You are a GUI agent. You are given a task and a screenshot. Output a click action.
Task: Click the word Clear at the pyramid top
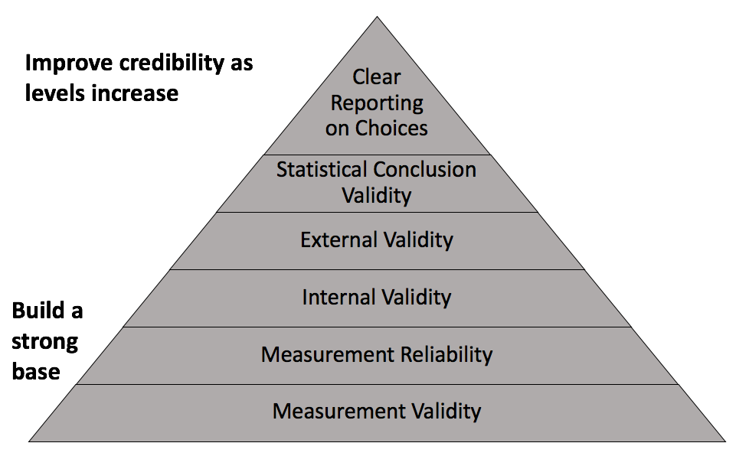[x=376, y=77]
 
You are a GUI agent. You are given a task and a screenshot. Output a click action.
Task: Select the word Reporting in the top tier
[x=377, y=103]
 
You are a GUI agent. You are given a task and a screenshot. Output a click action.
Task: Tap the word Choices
[x=391, y=128]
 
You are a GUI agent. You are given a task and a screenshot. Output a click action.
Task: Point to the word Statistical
[x=322, y=169]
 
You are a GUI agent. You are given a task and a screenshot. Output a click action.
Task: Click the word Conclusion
[x=424, y=169]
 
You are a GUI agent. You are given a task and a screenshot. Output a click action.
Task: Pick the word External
[x=339, y=239]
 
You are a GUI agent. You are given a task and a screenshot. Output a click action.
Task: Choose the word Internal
[x=339, y=297]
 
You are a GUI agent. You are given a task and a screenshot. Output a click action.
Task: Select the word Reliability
[x=446, y=355]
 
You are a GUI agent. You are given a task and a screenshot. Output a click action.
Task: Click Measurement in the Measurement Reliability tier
[x=328, y=355]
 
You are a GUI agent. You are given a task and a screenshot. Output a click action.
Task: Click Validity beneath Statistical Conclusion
[x=376, y=196]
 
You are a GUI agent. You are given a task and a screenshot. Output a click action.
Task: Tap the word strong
[x=45, y=342]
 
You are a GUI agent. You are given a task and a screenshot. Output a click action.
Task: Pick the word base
[x=36, y=371]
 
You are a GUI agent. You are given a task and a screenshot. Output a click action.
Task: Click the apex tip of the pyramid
[x=377, y=17]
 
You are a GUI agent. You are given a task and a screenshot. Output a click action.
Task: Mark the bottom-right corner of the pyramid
[x=725, y=441]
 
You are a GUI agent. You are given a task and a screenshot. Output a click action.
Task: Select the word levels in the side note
[x=55, y=93]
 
